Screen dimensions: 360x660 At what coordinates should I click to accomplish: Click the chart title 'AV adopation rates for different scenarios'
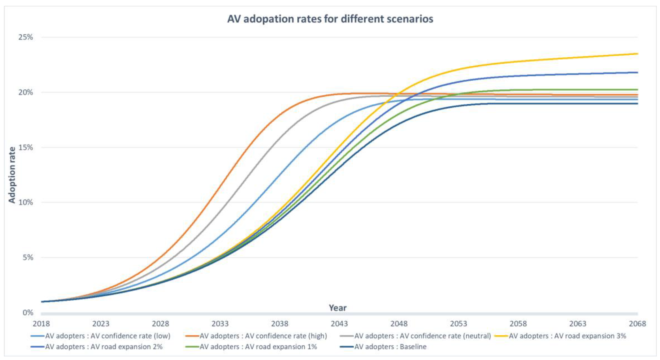point(330,19)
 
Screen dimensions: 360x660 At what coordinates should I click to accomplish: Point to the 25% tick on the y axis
point(26,37)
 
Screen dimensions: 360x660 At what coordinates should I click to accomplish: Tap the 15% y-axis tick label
point(26,148)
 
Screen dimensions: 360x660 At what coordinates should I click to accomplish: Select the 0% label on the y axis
point(28,313)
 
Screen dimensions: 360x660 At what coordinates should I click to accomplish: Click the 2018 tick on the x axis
point(41,324)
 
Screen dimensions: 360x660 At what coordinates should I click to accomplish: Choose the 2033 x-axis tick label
point(220,324)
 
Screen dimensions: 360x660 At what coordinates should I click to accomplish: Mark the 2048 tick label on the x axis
point(399,324)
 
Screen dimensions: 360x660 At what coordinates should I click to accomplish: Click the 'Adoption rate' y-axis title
point(12,175)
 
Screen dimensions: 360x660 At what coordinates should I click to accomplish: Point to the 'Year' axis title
point(337,308)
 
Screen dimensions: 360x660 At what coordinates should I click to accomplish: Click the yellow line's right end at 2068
point(637,54)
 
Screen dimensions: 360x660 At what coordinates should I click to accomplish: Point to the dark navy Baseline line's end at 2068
point(637,103)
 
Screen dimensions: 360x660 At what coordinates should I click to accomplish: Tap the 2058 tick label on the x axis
point(518,324)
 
